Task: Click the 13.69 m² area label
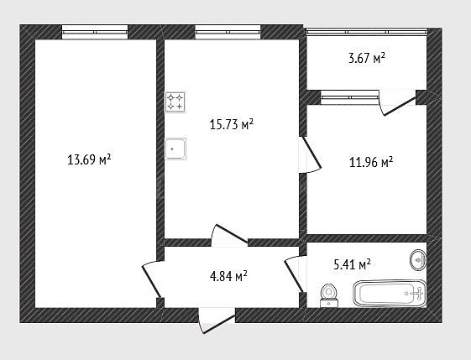click(x=89, y=159)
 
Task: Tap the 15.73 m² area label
click(x=232, y=124)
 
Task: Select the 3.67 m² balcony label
click(x=367, y=58)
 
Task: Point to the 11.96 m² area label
click(x=371, y=162)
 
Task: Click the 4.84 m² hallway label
click(x=228, y=276)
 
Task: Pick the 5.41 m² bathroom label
click(x=352, y=264)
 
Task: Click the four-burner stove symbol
click(x=175, y=102)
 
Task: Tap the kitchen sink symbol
click(x=175, y=149)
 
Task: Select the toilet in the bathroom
click(x=329, y=295)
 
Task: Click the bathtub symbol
click(x=390, y=294)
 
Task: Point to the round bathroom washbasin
click(x=418, y=260)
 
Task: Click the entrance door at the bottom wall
click(x=217, y=321)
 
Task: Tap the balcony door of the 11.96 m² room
click(x=397, y=102)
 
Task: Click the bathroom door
click(x=295, y=274)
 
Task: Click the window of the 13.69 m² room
click(x=95, y=32)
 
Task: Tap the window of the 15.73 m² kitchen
click(x=228, y=32)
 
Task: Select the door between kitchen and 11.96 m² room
click(x=310, y=155)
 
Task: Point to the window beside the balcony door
click(x=350, y=97)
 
